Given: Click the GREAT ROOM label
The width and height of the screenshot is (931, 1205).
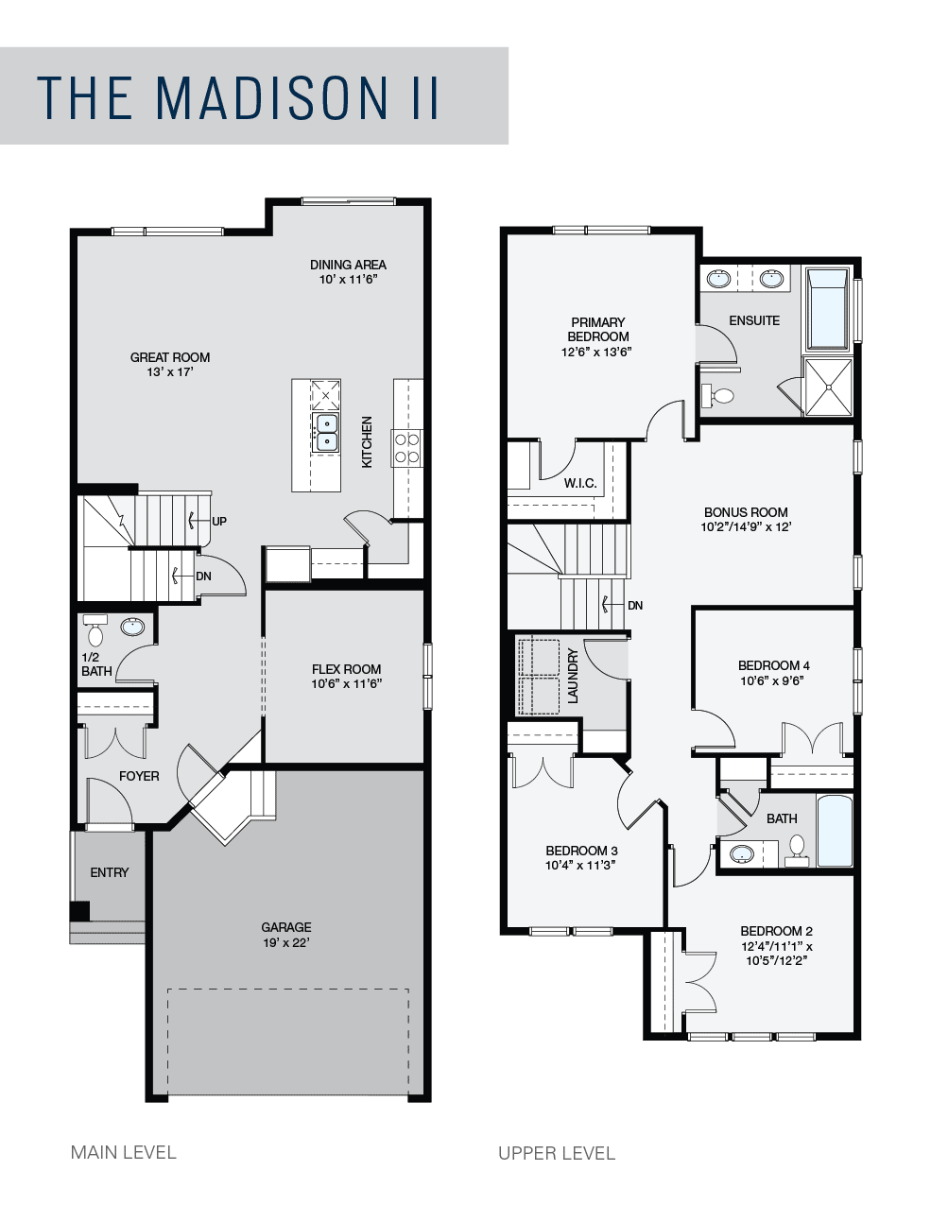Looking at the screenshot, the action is click(x=170, y=357).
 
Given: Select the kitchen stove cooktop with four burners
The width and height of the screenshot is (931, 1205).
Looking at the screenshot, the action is click(x=407, y=449).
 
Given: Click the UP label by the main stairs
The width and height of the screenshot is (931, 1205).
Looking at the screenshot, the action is click(x=219, y=522).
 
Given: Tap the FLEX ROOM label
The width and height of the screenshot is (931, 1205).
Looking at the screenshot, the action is click(x=346, y=669).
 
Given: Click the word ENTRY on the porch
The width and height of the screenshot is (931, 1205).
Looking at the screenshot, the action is click(x=110, y=872).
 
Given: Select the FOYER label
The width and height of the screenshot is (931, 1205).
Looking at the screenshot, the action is click(x=139, y=776).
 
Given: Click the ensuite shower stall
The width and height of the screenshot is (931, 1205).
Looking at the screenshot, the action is click(x=828, y=387).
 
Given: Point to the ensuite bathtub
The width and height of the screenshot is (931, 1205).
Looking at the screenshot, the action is click(x=828, y=309).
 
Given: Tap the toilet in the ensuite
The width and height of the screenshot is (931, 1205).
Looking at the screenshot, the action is click(x=717, y=395).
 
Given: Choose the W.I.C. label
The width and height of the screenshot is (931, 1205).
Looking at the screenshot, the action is click(x=580, y=483).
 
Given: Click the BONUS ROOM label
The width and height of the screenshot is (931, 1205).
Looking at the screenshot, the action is click(x=746, y=512).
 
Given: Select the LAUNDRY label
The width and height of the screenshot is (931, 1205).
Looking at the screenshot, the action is click(x=573, y=676).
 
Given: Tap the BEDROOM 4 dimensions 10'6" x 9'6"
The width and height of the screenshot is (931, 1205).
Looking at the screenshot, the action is click(x=772, y=680).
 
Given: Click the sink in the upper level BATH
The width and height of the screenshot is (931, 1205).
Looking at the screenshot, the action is click(x=741, y=853).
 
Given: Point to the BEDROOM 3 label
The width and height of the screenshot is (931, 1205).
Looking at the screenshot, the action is click(x=581, y=851).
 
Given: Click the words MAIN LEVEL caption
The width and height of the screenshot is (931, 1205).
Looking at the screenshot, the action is click(x=124, y=1153).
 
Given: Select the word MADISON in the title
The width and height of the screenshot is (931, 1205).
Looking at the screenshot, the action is click(x=271, y=97).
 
